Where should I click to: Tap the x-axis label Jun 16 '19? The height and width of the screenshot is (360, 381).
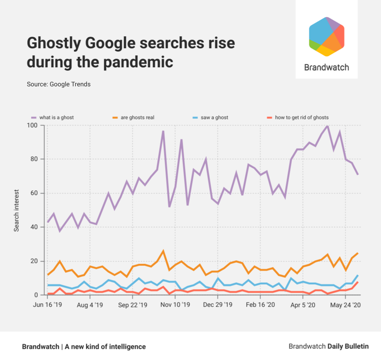pos(47,305)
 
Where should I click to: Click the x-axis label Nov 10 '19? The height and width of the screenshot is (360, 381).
pos(176,305)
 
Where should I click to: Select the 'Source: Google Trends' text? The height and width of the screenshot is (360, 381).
pos(59,84)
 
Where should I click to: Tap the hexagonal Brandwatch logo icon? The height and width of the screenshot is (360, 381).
pos(326,37)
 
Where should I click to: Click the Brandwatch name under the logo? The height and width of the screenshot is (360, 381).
pos(326,67)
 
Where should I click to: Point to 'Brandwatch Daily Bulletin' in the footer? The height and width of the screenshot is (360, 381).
pos(328,347)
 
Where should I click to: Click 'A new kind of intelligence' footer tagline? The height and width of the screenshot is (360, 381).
pos(105,347)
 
